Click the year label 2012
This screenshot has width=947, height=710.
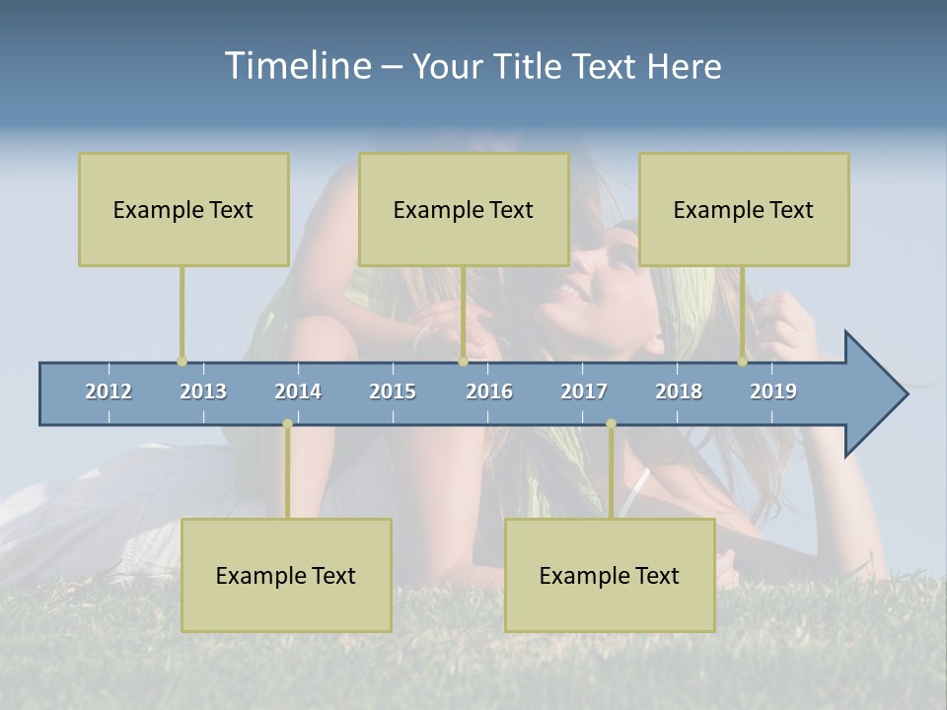click(109, 391)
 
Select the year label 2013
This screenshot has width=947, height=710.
click(203, 391)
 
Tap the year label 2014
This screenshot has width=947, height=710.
click(298, 391)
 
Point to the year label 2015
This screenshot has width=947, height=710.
click(393, 391)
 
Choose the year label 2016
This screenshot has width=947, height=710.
click(489, 391)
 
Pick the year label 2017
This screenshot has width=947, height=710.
click(584, 391)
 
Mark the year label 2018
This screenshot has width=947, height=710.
click(679, 391)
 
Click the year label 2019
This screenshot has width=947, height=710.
click(773, 391)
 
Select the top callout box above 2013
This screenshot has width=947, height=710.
click(183, 209)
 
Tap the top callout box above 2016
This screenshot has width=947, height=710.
click(464, 209)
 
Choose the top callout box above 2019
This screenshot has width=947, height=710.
click(744, 209)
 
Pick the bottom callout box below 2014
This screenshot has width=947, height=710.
click(286, 575)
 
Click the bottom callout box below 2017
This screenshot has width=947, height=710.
click(610, 575)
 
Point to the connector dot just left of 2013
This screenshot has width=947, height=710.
click(182, 362)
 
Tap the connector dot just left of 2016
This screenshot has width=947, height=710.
click(463, 362)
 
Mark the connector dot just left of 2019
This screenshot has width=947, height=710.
click(743, 362)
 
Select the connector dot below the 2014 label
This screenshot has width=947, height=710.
click(287, 424)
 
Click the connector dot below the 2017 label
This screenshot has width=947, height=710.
click(611, 424)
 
